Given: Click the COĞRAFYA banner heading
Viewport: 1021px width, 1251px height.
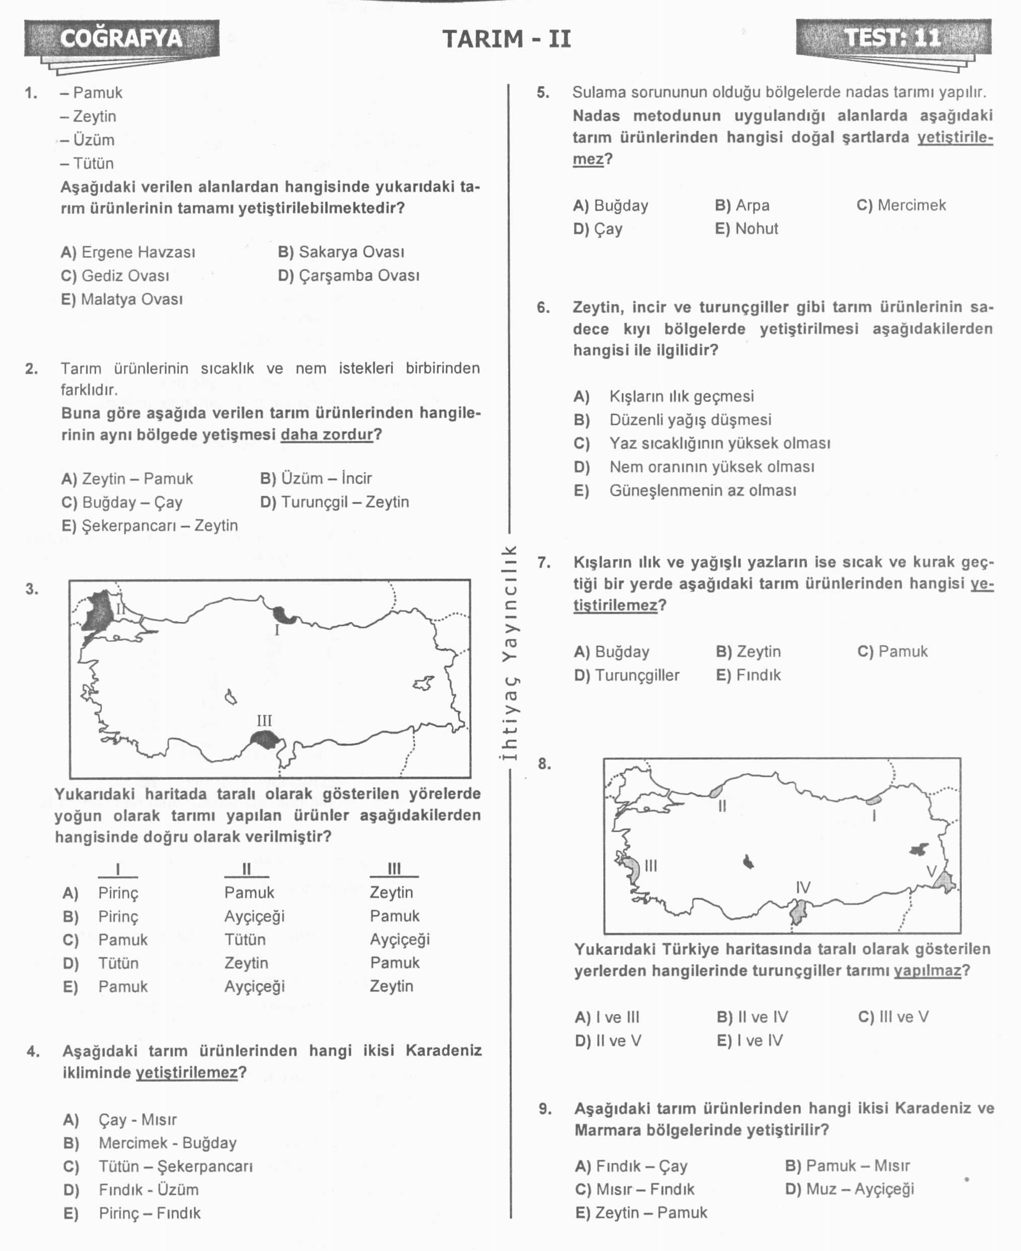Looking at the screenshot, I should click(x=121, y=38).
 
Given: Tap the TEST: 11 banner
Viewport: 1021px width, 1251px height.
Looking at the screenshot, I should click(x=893, y=37).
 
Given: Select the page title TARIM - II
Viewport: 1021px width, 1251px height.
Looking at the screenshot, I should click(x=506, y=39).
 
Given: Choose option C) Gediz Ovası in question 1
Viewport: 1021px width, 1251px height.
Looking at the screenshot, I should click(x=115, y=276).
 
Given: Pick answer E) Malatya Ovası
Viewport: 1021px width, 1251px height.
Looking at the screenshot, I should click(x=122, y=299).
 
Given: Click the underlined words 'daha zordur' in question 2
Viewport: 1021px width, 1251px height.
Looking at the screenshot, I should click(x=327, y=435).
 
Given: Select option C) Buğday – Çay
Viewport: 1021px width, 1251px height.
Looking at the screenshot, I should click(x=122, y=503).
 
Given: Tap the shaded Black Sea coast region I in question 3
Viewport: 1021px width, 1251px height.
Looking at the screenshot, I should click(x=285, y=615).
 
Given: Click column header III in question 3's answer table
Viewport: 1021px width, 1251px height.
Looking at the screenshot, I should click(x=394, y=869).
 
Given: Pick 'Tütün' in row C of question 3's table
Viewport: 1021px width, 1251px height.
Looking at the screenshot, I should click(x=245, y=940).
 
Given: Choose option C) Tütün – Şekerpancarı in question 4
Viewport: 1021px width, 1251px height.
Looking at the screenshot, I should click(x=158, y=1167).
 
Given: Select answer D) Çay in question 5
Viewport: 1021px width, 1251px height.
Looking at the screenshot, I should click(x=598, y=229).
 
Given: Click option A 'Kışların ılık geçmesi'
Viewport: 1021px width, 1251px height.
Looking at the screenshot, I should click(x=681, y=397).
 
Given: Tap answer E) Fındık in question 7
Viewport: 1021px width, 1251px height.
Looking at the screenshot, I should click(x=748, y=675).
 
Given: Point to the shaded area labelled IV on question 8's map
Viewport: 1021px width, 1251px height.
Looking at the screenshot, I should click(x=798, y=913).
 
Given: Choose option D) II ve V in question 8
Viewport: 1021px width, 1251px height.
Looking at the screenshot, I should click(x=608, y=1041).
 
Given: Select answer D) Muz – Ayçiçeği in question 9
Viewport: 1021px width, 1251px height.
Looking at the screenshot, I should click(x=849, y=1189).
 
